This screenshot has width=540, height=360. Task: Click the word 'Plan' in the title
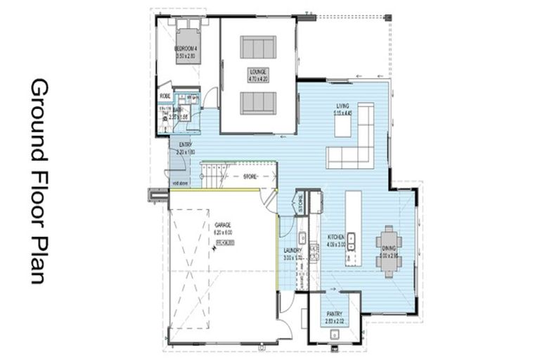38,260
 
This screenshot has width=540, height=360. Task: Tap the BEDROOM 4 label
188,49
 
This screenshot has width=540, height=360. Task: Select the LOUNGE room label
258,72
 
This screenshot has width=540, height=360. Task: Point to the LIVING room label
343,105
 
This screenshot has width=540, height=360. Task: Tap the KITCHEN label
335,238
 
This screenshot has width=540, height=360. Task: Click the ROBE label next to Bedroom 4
165,96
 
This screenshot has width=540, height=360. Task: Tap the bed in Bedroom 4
188,44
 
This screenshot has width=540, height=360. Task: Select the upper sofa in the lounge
258,47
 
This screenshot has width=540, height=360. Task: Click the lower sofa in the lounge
258,103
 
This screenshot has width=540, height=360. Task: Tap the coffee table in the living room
342,126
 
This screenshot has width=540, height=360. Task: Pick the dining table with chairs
388,251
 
